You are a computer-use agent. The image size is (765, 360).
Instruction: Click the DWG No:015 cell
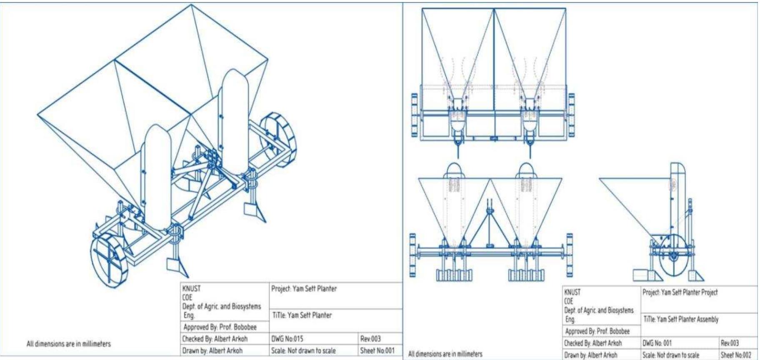287,339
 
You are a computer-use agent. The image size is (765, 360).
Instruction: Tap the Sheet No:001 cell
377,350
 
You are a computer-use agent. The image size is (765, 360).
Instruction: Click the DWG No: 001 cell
657,343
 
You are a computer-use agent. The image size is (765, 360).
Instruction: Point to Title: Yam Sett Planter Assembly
681,320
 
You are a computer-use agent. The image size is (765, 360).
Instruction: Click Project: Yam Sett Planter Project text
680,292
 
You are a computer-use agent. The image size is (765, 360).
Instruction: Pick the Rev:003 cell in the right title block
730,343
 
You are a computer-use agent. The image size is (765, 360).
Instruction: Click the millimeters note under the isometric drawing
69,344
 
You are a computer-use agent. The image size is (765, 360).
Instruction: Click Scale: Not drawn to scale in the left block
303,350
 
